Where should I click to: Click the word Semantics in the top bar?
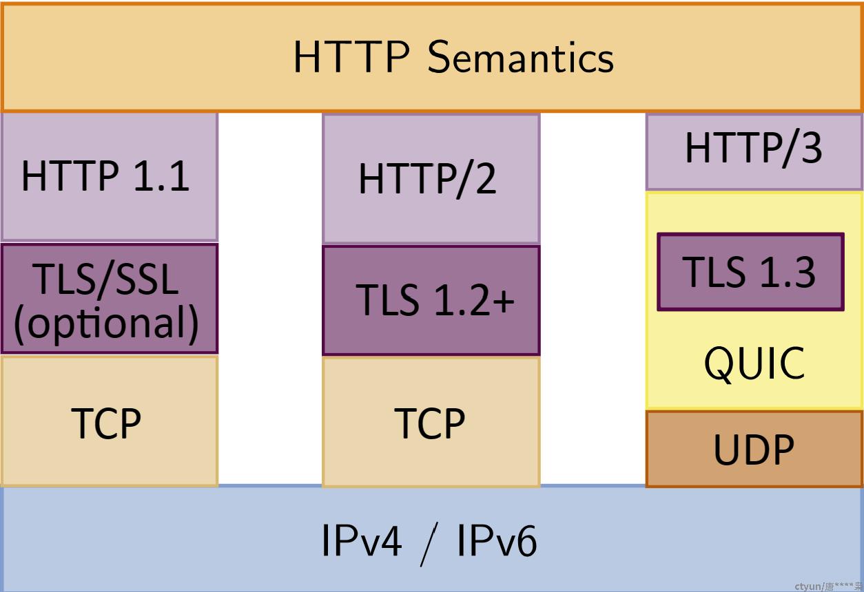521,57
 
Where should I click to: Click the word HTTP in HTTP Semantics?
351,57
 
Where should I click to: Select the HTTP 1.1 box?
110,178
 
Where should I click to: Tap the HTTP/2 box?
431,179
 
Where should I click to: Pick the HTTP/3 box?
754,152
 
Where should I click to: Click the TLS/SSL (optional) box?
110,298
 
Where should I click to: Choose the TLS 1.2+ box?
431,300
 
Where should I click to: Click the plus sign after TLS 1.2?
504,301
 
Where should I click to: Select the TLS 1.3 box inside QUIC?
750,272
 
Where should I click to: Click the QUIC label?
754,363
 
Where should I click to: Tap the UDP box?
754,449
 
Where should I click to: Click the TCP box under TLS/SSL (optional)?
110,421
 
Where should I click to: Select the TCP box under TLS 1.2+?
431,423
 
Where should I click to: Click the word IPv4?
362,540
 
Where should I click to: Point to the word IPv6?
497,540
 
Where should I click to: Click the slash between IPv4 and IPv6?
429,545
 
